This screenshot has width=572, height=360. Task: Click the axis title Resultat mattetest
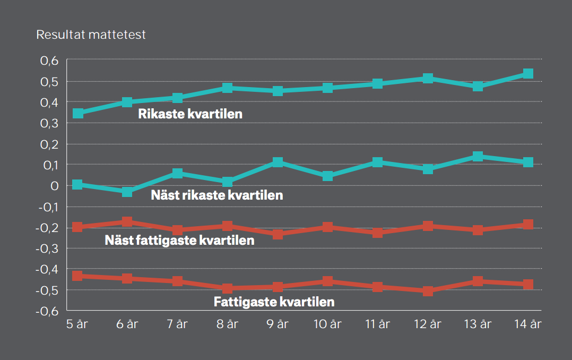point(91,35)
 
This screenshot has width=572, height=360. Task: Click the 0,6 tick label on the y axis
point(48,61)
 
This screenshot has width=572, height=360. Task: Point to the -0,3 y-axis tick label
point(47,248)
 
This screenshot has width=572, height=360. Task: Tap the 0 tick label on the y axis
point(54,186)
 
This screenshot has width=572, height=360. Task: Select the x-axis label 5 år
point(77,324)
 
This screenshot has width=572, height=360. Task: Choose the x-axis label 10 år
point(327,324)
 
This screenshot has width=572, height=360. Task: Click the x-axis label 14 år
point(528,324)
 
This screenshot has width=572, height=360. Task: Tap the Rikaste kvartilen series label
point(190,114)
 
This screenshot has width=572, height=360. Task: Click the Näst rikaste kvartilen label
point(216,195)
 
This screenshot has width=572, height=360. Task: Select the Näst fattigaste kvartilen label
point(179,240)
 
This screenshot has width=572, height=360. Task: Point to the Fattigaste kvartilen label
point(274,302)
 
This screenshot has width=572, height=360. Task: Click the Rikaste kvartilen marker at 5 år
point(78,114)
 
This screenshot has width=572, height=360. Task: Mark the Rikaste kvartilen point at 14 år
point(528,74)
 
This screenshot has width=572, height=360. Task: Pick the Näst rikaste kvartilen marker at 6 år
point(127,192)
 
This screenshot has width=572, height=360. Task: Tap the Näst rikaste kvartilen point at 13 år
point(478,156)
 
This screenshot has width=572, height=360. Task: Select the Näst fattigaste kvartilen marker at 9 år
point(278,234)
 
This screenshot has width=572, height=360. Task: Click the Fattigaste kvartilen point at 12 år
point(428,291)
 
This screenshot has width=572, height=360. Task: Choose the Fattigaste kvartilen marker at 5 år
point(78,276)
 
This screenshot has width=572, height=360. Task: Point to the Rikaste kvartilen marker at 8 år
point(228,88)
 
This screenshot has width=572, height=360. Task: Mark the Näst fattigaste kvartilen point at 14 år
point(528,224)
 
